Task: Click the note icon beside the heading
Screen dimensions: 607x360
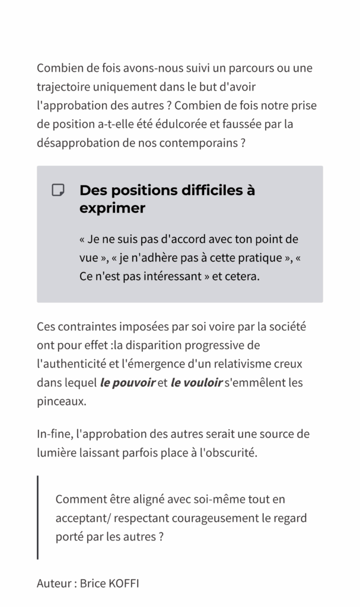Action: click(58, 190)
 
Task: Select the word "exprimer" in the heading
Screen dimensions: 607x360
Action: click(112, 208)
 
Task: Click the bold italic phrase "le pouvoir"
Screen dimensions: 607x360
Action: click(128, 382)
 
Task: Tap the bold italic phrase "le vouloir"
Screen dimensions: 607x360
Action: click(196, 382)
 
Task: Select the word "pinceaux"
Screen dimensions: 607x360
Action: click(60, 401)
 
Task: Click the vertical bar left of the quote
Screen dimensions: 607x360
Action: click(38, 517)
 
